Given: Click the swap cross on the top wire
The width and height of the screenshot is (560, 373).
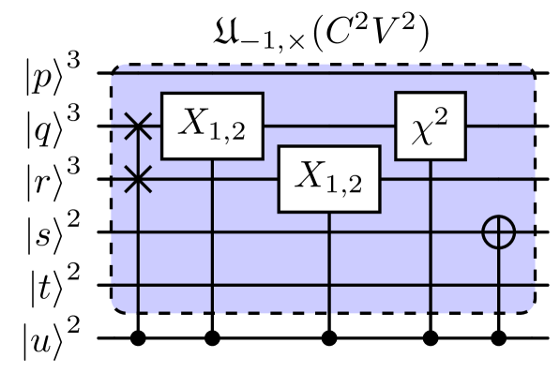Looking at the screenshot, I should coord(138,126).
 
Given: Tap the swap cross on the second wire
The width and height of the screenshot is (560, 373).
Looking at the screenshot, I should coord(138,178).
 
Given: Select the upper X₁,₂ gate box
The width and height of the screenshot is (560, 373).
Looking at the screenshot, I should coord(212,126).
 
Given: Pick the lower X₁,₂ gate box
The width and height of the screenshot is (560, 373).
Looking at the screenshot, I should coord(328,178).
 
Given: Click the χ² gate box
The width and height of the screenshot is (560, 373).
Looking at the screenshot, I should coord(431,126).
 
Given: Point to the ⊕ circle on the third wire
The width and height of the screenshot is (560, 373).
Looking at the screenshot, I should coord(498,231).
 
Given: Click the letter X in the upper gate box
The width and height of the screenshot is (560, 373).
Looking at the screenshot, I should coord(195,123).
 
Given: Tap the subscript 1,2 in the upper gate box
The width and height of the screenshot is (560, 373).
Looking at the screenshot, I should coord(227,132).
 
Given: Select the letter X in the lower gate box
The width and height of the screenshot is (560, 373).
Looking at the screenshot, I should coord(311,175).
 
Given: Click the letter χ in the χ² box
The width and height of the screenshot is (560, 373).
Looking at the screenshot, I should coord(423,130).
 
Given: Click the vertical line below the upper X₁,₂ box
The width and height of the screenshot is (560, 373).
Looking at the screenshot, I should coord(212,234).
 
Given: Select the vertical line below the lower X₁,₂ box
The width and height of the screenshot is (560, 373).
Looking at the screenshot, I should coord(328,262).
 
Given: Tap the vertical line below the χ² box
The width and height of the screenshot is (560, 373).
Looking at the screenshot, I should coord(431,234).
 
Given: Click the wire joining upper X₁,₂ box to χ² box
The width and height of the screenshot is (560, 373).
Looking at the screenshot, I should coord(328,126).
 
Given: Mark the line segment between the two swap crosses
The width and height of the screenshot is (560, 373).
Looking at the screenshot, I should coord(138,152).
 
